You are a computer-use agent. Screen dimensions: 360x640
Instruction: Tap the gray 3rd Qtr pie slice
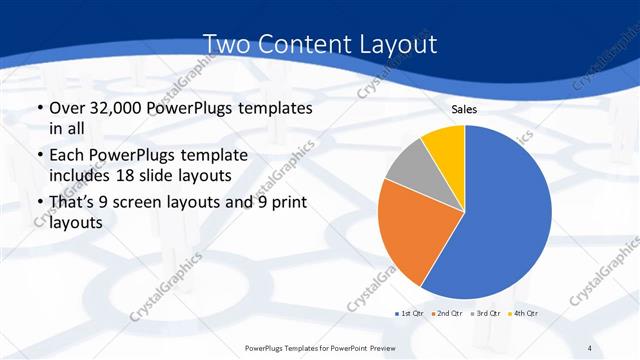tap(408, 167)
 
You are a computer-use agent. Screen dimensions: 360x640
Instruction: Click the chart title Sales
tap(464, 108)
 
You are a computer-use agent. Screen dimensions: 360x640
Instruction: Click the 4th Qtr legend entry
tap(524, 314)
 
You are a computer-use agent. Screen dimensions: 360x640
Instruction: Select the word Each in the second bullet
tap(69, 156)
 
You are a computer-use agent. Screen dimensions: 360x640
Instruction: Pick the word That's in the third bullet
tap(76, 203)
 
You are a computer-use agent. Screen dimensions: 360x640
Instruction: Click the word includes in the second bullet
tap(80, 175)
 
